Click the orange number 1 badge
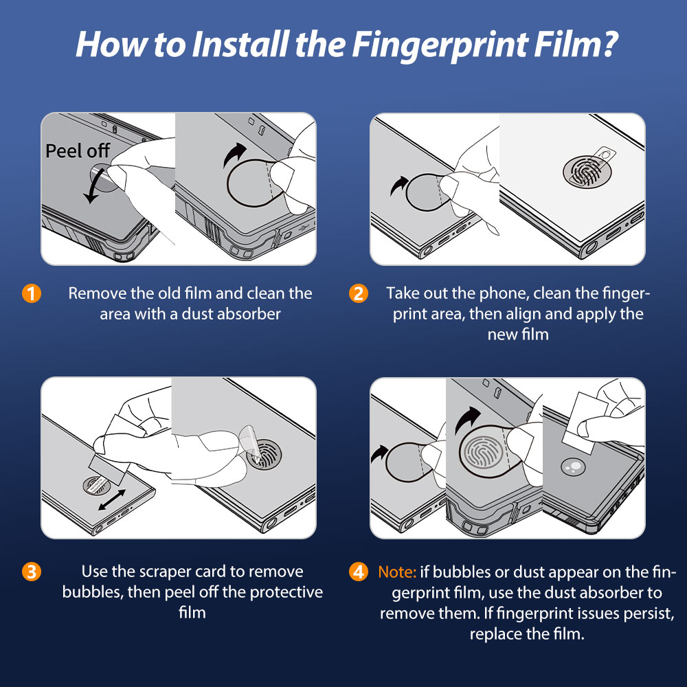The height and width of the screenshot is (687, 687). pyautogui.click(x=32, y=293)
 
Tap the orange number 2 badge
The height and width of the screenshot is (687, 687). pyautogui.click(x=359, y=293)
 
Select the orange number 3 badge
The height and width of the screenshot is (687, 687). pyautogui.click(x=32, y=572)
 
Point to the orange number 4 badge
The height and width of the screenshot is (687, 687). pyautogui.click(x=359, y=572)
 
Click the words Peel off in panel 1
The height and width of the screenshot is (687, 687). pyautogui.click(x=78, y=150)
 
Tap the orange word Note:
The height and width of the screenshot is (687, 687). pyautogui.click(x=397, y=572)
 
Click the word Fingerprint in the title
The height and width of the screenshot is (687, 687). pyautogui.click(x=440, y=45)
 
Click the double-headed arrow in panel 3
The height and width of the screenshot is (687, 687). pyautogui.click(x=112, y=500)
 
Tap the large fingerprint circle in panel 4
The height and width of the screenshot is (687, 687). pyautogui.click(x=482, y=451)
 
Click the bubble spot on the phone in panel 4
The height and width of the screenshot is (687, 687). pyautogui.click(x=573, y=466)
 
